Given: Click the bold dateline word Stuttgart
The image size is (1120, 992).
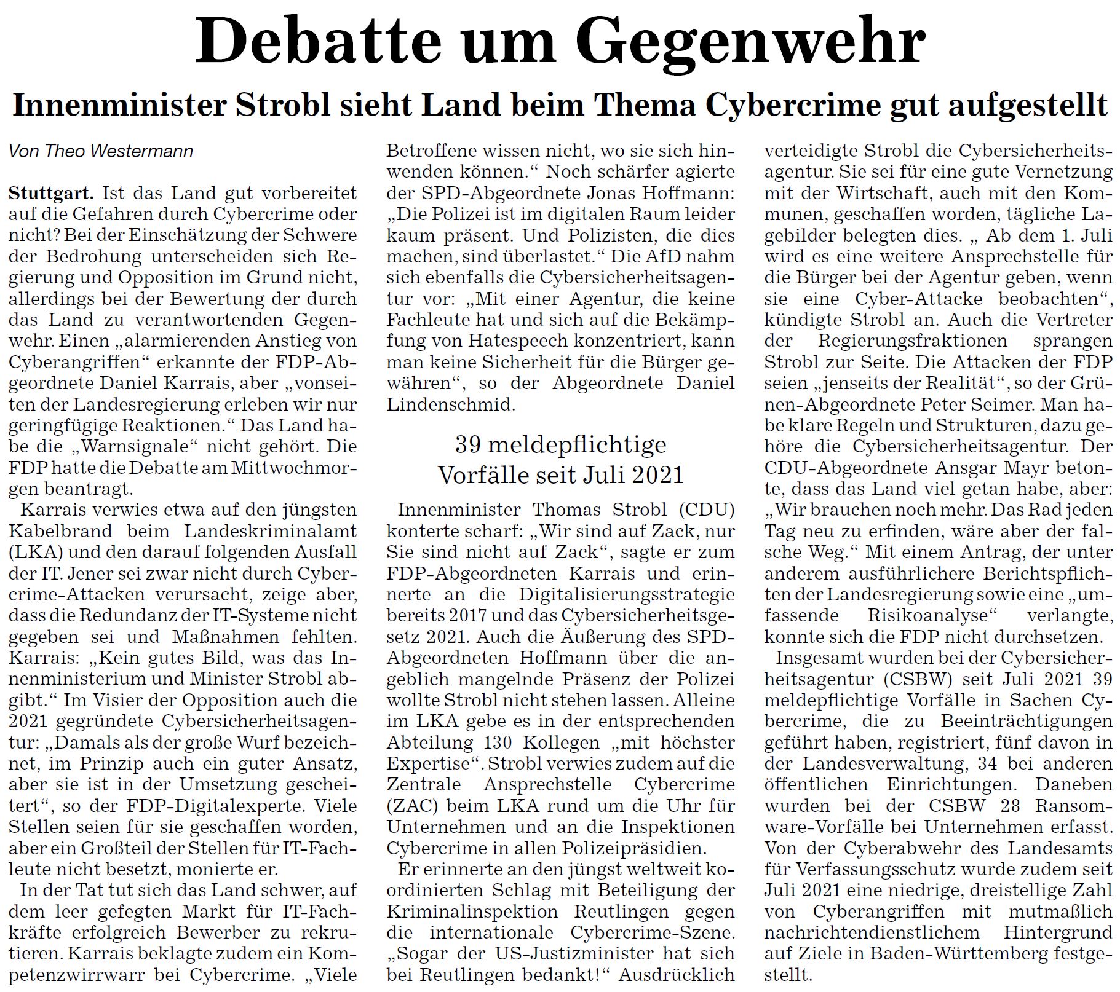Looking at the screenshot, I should (x=51, y=194).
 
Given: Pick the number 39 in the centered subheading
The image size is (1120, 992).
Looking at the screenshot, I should (x=468, y=444).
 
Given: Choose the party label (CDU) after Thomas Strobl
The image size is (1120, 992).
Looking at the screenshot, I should (x=707, y=510).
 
